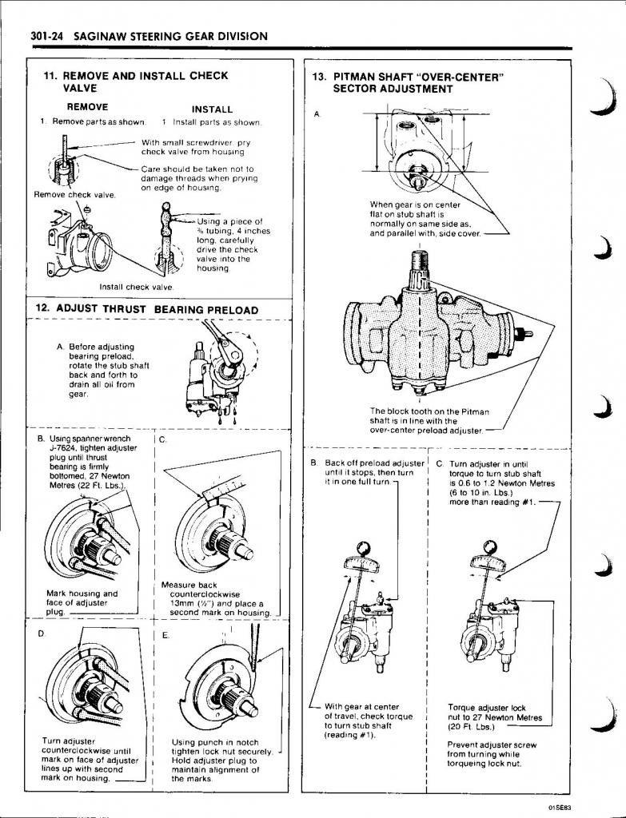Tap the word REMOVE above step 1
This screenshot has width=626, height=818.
87,106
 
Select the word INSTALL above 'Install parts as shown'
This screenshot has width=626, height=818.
212,109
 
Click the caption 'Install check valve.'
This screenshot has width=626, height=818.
137,287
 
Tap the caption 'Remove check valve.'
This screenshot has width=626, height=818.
74,195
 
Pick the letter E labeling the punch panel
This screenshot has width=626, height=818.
165,637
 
